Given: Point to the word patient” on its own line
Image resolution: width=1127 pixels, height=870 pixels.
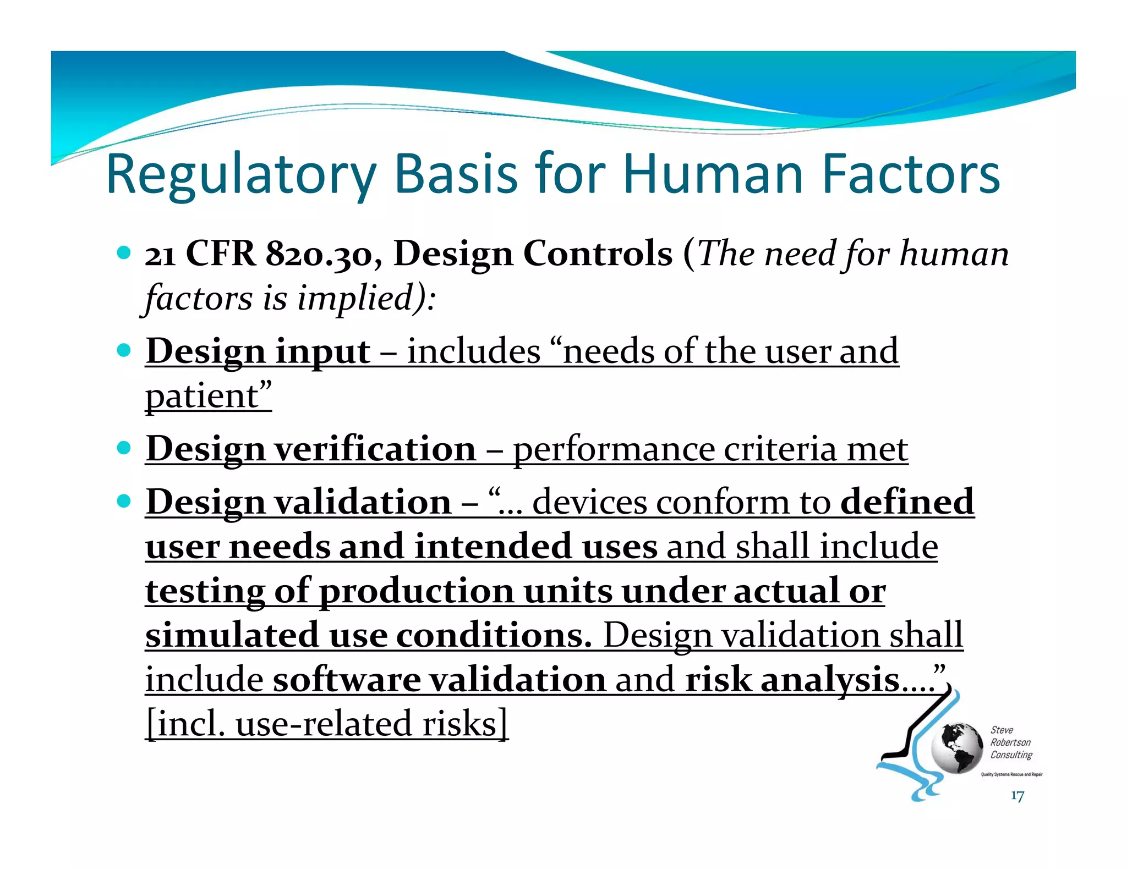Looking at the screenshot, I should tap(209, 395).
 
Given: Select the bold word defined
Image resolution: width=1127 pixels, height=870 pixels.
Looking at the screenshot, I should tap(907, 502).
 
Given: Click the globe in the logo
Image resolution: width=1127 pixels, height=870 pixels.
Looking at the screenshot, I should tap(957, 748).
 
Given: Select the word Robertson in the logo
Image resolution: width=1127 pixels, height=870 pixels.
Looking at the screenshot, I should tap(1010, 742).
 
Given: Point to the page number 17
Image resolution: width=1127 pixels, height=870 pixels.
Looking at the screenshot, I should tap(1017, 796).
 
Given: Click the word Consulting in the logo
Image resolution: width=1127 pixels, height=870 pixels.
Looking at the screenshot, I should tap(1011, 755).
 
